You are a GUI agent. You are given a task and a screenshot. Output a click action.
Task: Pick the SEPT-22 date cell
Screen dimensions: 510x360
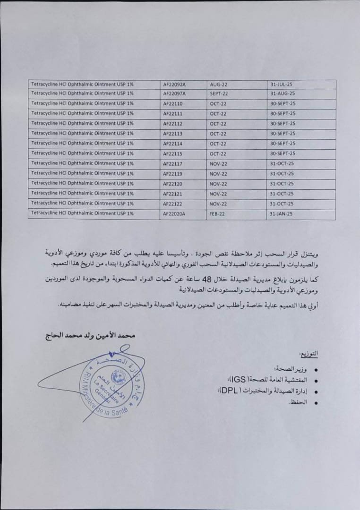(x=219, y=93)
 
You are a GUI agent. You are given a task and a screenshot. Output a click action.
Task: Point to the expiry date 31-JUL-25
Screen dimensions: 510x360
(x=282, y=84)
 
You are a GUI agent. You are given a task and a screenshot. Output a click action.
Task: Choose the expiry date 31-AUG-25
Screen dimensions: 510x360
(x=283, y=93)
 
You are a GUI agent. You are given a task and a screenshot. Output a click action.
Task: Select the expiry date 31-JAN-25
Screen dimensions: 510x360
(x=282, y=213)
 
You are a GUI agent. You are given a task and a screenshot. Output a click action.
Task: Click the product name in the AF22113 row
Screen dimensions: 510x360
(x=82, y=134)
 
